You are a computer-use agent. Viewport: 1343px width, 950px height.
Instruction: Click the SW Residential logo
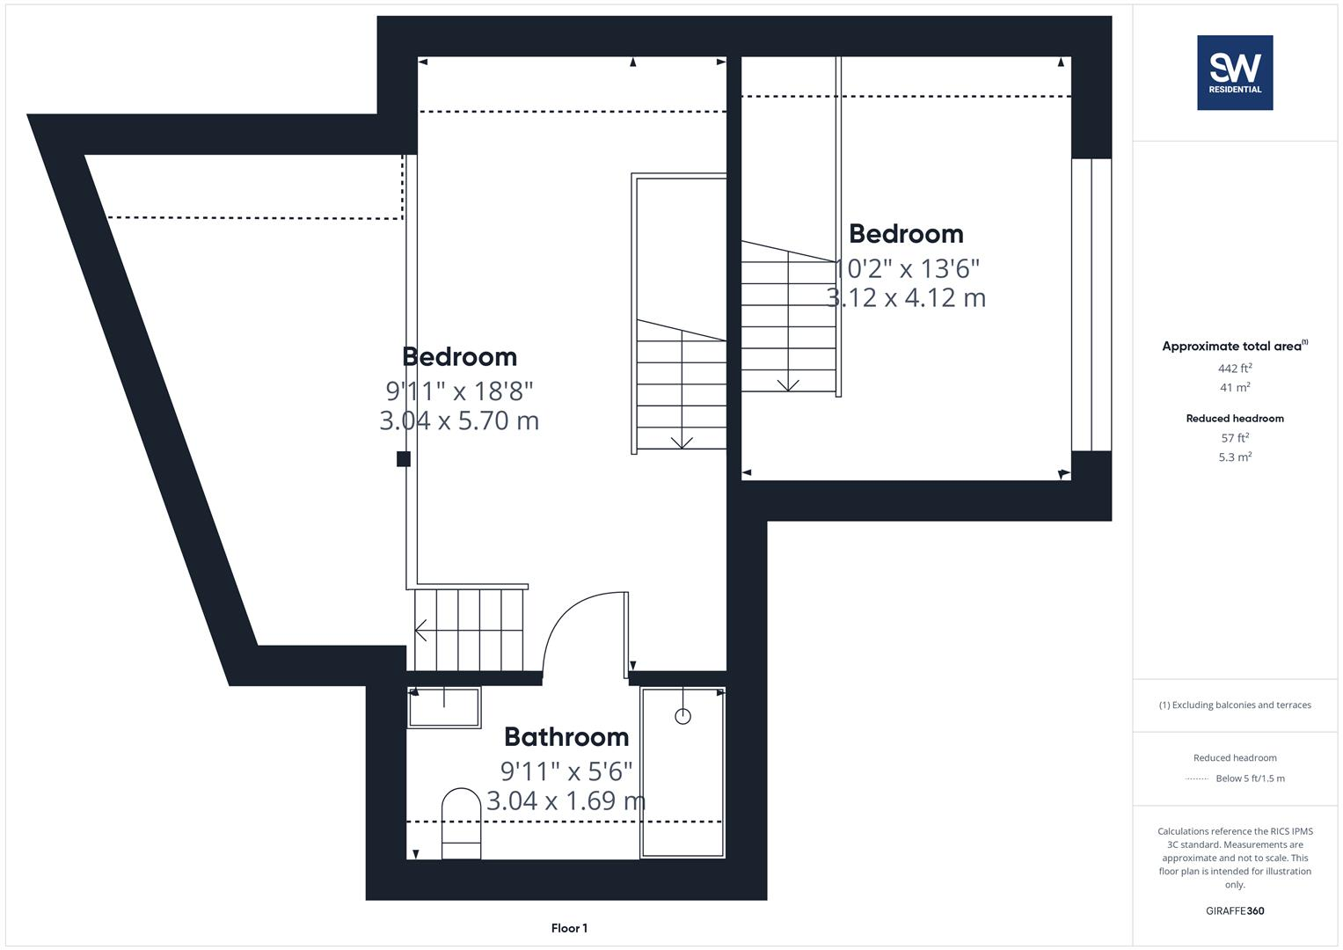(1235, 73)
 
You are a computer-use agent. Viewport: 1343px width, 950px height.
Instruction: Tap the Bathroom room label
(566, 737)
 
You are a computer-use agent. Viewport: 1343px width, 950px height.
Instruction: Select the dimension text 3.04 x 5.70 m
(459, 420)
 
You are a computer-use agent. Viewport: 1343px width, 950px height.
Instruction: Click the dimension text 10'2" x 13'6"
(907, 267)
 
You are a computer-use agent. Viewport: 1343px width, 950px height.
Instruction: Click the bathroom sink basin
(444, 707)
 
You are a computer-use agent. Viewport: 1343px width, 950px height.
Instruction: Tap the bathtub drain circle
(682, 716)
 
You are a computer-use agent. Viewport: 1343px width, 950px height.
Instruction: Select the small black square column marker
(404, 458)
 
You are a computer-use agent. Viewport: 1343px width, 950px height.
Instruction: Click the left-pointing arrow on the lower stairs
(421, 631)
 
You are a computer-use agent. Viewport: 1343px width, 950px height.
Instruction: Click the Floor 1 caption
(569, 928)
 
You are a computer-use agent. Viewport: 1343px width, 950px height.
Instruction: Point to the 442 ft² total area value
(1235, 369)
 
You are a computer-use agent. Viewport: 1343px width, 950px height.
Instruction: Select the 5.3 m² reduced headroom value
(1235, 457)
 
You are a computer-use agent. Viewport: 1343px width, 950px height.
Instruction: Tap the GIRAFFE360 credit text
(1235, 910)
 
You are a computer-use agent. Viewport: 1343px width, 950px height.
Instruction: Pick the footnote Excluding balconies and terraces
(1235, 705)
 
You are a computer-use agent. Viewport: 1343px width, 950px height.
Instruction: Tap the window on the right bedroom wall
(1091, 304)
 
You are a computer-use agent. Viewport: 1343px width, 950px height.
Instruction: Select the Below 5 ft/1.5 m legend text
(1250, 778)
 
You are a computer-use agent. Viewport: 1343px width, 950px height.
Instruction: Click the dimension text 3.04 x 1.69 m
(566, 800)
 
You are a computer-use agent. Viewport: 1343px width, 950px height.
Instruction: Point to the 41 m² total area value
(1235, 387)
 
